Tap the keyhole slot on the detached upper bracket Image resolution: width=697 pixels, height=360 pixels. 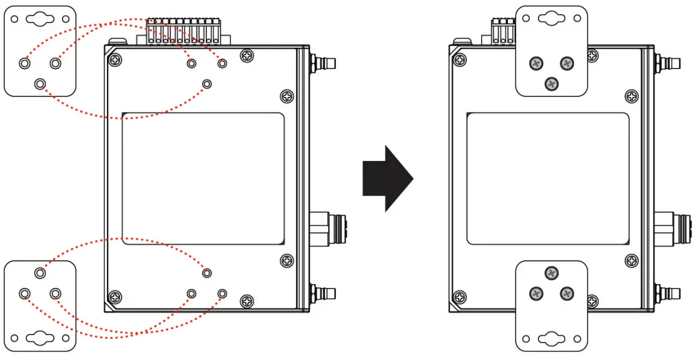point(39,19)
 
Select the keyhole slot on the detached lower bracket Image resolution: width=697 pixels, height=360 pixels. point(40,339)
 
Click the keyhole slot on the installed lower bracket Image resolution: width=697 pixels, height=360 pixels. point(552,339)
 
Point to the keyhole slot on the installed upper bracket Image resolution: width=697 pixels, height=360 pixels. point(552,19)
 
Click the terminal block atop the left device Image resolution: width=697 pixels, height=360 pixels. point(184,32)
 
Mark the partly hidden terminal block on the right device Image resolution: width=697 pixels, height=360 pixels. point(503,32)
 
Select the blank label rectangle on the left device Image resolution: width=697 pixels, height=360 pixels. point(203,178)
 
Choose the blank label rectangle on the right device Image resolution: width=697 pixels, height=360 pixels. point(547,178)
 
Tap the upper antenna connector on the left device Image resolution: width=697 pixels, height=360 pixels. point(325,63)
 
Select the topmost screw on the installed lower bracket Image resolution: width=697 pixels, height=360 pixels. point(551,272)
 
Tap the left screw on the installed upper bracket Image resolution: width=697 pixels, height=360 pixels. point(535,63)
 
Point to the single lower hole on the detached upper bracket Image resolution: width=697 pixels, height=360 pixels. point(40,83)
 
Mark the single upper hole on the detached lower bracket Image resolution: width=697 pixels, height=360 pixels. point(40,272)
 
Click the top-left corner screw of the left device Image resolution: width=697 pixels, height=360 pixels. point(115,60)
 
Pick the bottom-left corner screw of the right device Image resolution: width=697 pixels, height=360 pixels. point(459,297)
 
